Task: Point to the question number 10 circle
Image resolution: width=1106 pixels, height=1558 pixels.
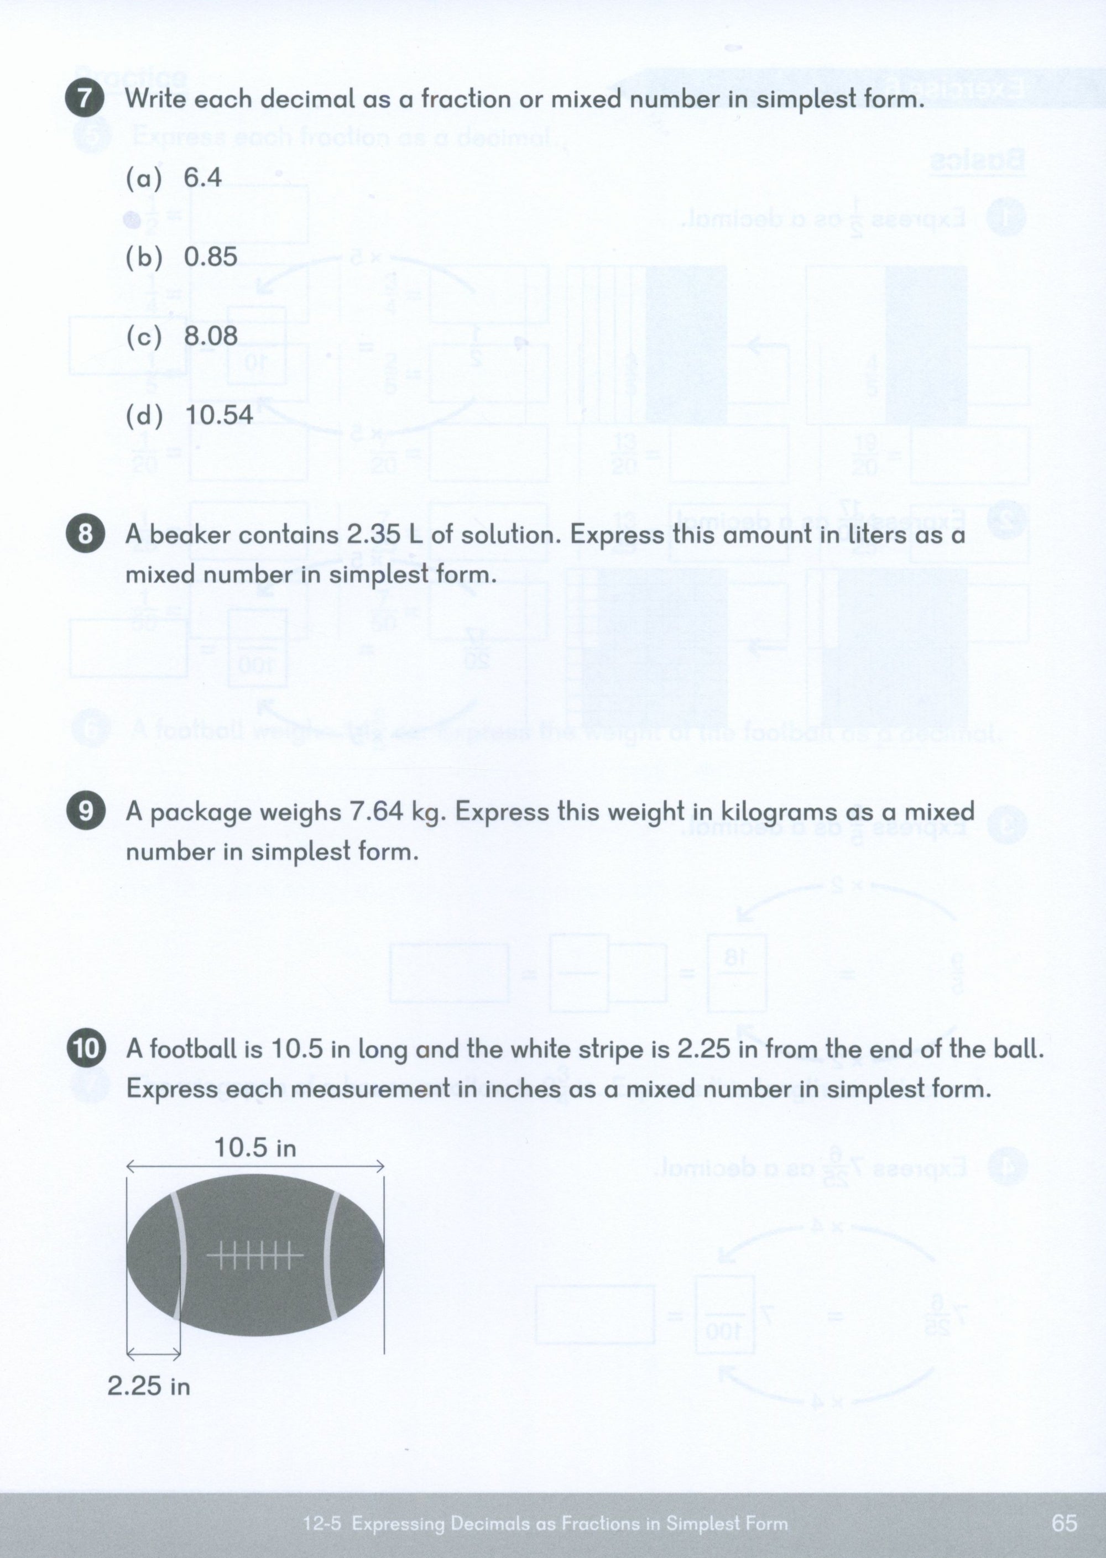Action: coord(85,1049)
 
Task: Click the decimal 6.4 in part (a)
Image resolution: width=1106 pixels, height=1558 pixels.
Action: coord(202,177)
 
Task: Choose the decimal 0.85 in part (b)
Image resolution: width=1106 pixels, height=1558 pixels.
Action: coord(211,257)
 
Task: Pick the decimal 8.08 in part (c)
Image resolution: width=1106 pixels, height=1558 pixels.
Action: coord(211,336)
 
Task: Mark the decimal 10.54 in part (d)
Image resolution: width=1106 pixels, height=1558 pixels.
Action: coord(218,415)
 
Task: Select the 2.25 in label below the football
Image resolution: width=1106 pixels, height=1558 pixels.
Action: coord(148,1386)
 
